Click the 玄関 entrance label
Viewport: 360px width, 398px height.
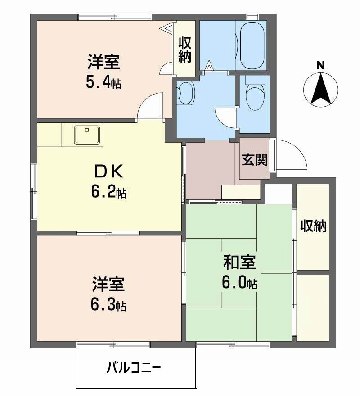(255, 160)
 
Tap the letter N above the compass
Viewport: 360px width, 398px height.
(320, 65)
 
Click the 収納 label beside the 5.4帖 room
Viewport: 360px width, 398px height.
(185, 50)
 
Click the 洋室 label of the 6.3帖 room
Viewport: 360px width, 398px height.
(108, 285)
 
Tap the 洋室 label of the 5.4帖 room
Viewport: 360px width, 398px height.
(103, 62)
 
